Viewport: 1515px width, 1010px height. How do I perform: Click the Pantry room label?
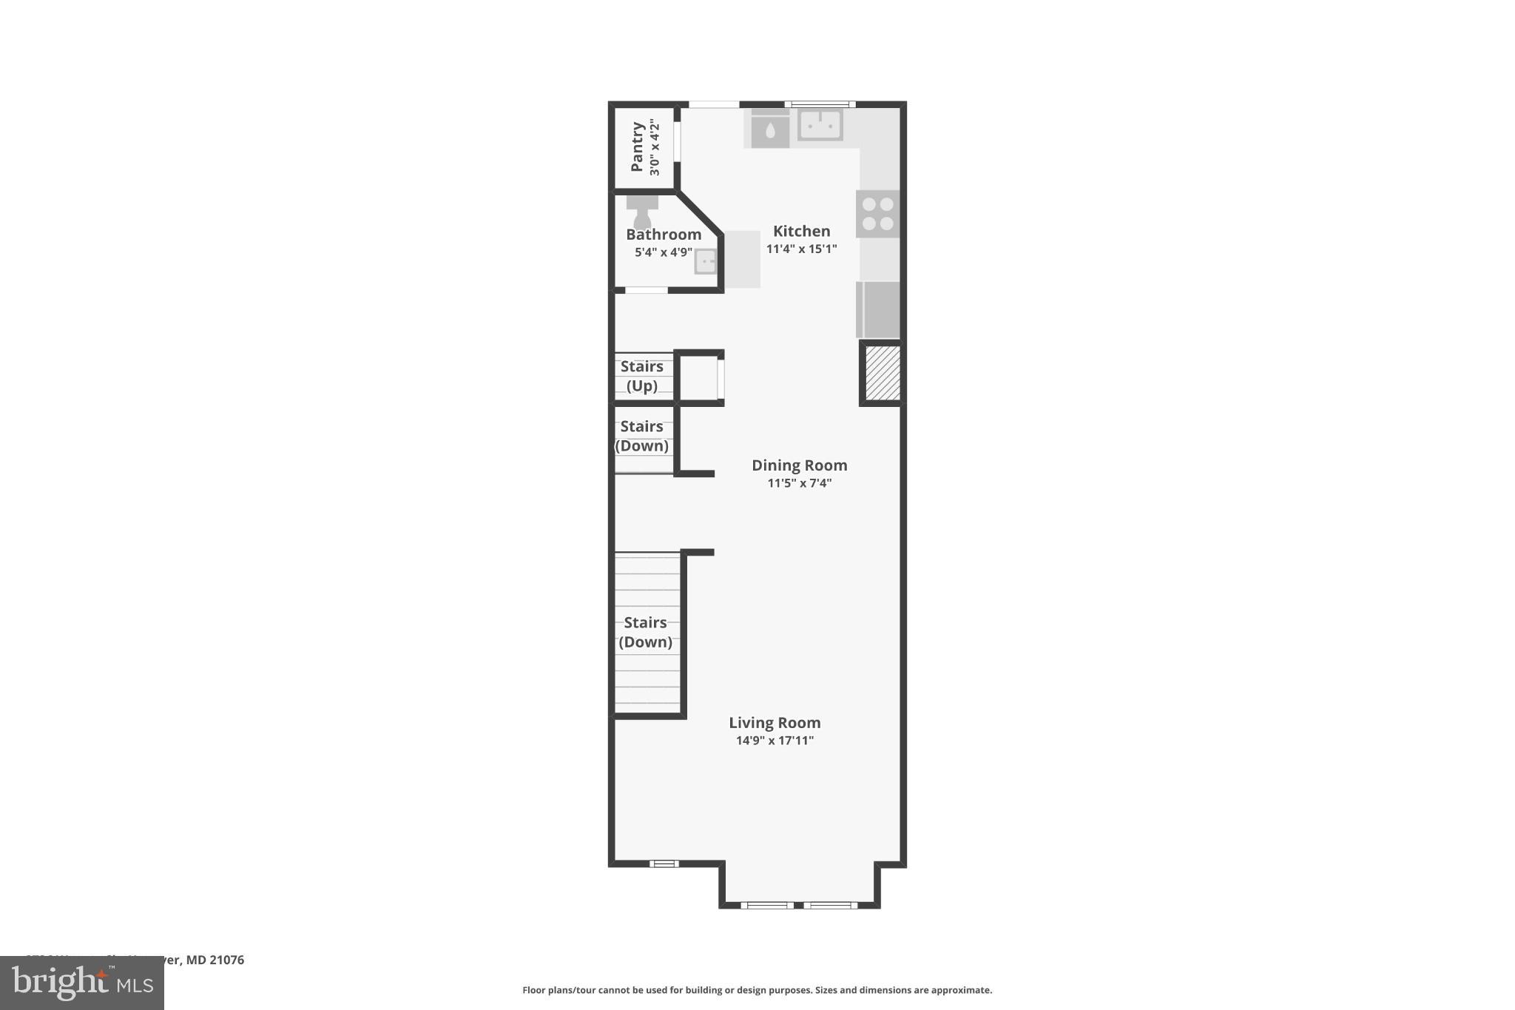(636, 148)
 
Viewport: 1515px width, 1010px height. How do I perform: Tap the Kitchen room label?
(801, 231)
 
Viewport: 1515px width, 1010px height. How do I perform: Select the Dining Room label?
(799, 465)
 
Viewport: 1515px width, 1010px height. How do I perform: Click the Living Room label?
(775, 723)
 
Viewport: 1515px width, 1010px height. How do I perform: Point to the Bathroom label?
(664, 235)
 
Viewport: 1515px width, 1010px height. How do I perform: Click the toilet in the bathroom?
(641, 212)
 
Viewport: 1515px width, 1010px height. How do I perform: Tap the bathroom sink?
(705, 262)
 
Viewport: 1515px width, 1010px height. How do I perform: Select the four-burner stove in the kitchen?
(878, 214)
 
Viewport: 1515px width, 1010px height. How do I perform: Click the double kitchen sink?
(820, 124)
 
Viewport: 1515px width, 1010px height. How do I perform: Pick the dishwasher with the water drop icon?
(770, 131)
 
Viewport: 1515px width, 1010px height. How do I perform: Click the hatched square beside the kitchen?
(882, 373)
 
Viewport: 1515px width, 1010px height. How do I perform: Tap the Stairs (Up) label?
(641, 376)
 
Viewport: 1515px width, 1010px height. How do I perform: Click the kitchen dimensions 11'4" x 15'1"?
(801, 249)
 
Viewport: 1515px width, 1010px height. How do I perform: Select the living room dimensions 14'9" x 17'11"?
(775, 741)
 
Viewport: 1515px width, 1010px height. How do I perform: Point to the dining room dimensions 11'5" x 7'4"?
(799, 484)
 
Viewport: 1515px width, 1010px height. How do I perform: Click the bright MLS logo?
(82, 983)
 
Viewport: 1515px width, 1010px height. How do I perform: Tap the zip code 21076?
(226, 960)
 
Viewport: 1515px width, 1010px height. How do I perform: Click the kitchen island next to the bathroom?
(742, 259)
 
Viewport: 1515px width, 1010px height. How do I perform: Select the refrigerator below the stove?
(879, 309)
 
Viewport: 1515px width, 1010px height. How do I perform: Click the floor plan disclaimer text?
(757, 990)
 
